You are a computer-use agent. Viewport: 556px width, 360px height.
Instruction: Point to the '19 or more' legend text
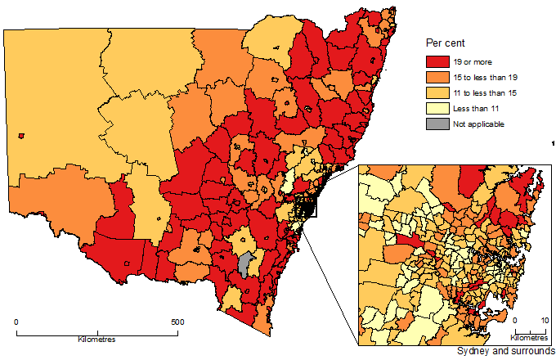470,61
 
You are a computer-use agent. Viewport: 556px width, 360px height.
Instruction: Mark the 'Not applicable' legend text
477,124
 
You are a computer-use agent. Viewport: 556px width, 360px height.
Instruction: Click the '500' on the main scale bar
177,322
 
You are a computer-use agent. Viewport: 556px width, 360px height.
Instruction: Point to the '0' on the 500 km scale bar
17,322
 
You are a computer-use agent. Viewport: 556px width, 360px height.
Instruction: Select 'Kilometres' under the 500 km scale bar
96,339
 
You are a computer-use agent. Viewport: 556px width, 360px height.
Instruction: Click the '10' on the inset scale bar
545,321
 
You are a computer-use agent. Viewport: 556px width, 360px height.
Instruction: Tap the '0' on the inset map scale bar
515,321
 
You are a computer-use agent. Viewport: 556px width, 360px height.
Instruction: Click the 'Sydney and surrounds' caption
505,351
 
